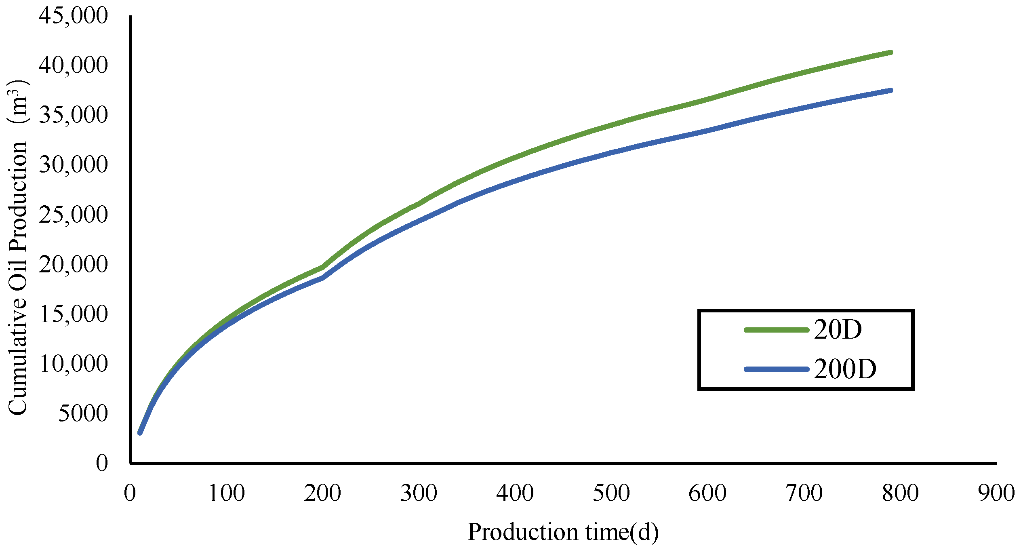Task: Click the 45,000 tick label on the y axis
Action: coord(74,16)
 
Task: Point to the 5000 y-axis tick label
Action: coord(83,414)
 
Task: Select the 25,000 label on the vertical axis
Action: coord(74,215)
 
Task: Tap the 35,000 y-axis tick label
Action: coord(74,115)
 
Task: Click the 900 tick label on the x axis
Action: coord(996,493)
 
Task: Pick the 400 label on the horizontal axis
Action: coord(515,493)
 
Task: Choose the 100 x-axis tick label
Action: coord(226,493)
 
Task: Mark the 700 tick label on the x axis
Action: coord(804,493)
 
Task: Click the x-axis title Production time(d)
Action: coord(563,532)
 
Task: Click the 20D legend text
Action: coord(838,330)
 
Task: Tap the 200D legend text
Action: coord(845,369)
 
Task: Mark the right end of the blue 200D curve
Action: coord(891,91)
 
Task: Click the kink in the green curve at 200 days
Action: coord(323,267)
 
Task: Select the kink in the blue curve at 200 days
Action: coord(323,278)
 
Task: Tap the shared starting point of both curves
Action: coord(140,433)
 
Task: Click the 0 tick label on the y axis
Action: coord(102,463)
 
